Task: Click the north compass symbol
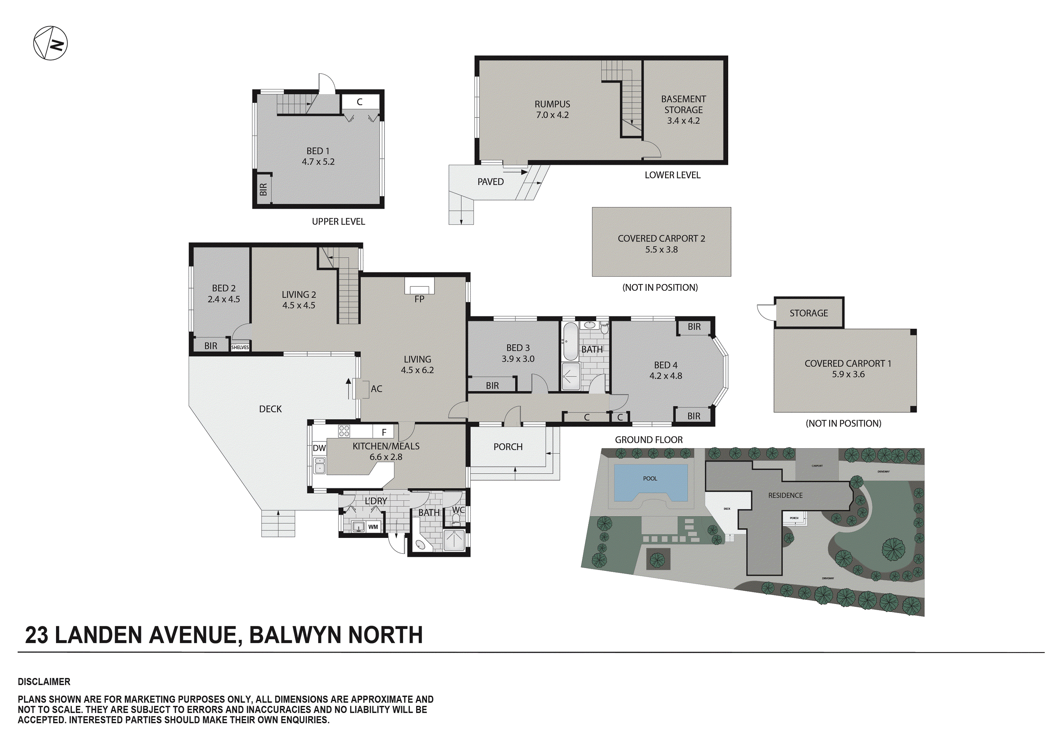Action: click(x=50, y=43)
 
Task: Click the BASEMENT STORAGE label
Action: click(x=684, y=109)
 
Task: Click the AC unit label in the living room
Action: click(x=376, y=389)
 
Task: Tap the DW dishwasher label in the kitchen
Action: click(x=319, y=448)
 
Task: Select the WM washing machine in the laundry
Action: click(x=373, y=527)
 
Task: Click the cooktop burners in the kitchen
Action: click(x=344, y=431)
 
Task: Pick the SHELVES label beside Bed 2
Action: click(x=240, y=347)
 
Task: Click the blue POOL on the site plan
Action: click(x=650, y=482)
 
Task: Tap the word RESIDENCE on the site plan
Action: click(x=785, y=495)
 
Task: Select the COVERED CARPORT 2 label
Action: click(x=661, y=244)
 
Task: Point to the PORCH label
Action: click(x=508, y=447)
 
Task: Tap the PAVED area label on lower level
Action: click(x=490, y=182)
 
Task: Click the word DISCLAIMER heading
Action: click(x=44, y=682)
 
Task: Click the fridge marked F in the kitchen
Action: click(x=384, y=432)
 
